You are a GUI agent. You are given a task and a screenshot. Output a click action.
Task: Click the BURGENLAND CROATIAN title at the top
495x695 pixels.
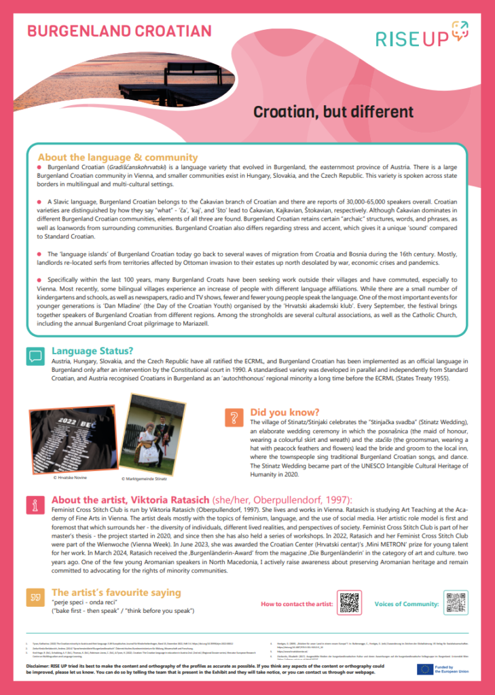(x=119, y=31)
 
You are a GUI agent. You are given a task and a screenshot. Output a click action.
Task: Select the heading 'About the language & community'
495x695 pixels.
(x=117, y=157)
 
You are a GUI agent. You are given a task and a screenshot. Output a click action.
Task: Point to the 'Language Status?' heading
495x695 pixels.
(x=92, y=352)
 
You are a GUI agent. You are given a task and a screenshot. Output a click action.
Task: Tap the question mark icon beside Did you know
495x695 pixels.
(x=234, y=417)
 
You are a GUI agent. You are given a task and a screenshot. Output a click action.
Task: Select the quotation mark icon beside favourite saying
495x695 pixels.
(x=35, y=597)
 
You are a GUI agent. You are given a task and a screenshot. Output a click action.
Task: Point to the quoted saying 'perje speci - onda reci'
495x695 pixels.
(x=83, y=602)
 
